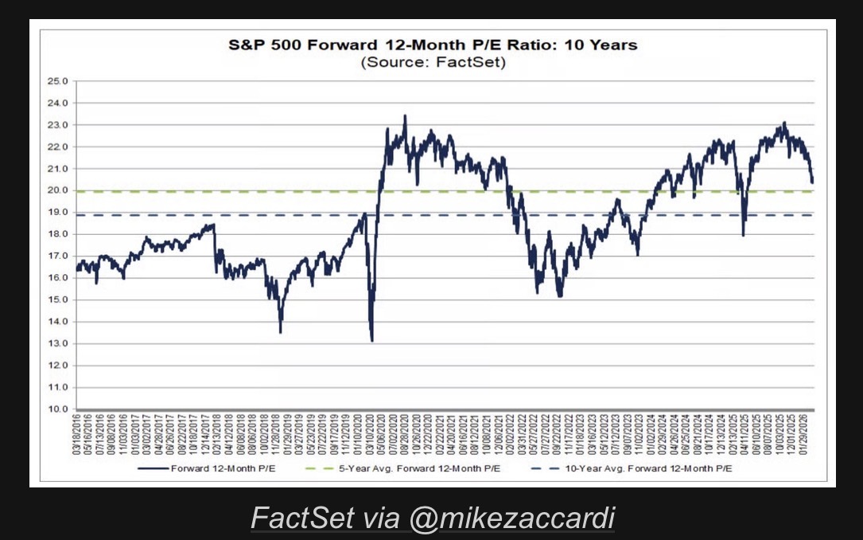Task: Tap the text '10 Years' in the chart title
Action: (601, 45)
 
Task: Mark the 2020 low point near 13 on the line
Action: (371, 341)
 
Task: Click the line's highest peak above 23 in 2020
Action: (405, 115)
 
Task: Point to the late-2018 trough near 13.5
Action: (281, 332)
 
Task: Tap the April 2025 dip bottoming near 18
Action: (743, 235)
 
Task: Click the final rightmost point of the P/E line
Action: (812, 182)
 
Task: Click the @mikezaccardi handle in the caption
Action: (512, 518)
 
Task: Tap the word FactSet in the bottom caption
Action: (303, 518)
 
